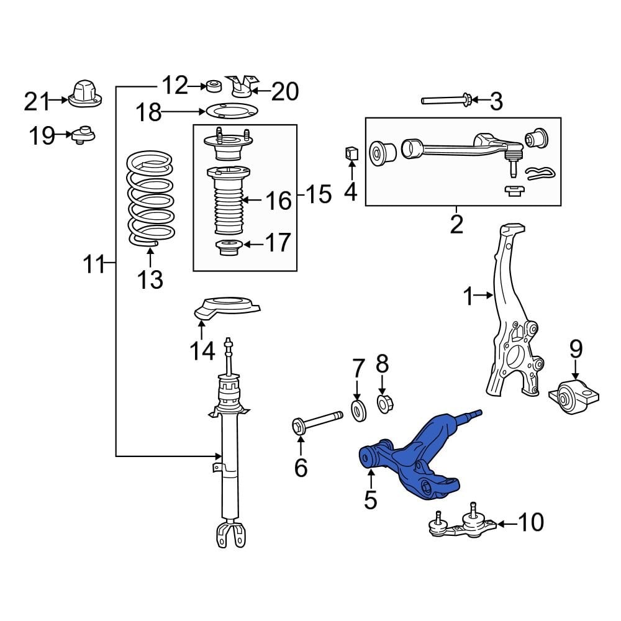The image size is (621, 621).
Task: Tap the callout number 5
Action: click(370, 499)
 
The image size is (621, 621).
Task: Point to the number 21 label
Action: click(36, 101)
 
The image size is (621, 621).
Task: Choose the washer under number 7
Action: click(358, 411)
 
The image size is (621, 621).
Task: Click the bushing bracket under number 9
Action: click(576, 395)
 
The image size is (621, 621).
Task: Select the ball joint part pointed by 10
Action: click(463, 525)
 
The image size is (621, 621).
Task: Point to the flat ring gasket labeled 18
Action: click(230, 112)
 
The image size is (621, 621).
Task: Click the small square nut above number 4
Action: click(351, 153)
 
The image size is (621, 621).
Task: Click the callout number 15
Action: click(318, 196)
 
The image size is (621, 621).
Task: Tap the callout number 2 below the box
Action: click(456, 225)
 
